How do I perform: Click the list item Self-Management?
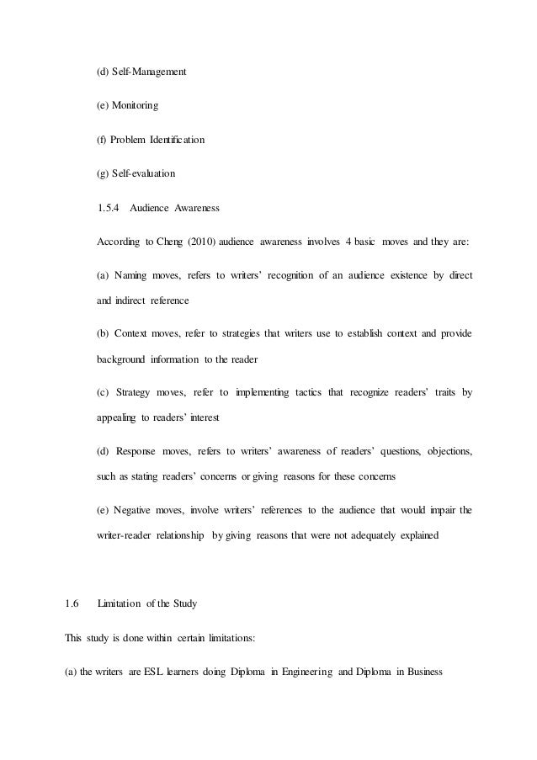[x=148, y=72]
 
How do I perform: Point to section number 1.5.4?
[x=109, y=207]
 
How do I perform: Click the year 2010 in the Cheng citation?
[x=196, y=242]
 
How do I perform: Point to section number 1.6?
[x=72, y=603]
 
